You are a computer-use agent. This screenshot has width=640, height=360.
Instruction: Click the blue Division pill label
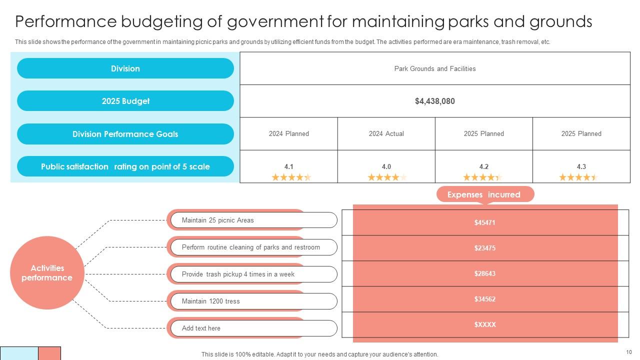(x=125, y=68)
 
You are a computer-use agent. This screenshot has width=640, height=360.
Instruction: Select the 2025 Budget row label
(x=125, y=101)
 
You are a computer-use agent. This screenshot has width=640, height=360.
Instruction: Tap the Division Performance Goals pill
(x=125, y=134)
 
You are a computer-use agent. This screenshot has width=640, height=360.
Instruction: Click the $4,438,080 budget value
(x=434, y=101)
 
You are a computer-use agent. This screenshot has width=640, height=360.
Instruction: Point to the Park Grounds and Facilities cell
(x=434, y=68)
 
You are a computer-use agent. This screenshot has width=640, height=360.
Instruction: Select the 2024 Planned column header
(x=288, y=133)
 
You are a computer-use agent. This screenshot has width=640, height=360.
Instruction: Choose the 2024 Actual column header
(x=386, y=133)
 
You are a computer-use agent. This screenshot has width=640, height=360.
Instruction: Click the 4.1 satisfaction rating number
(x=288, y=166)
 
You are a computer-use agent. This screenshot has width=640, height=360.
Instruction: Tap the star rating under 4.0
(x=386, y=177)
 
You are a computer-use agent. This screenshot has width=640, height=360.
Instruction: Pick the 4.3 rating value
(x=581, y=166)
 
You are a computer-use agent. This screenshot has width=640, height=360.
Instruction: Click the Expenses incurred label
(x=483, y=194)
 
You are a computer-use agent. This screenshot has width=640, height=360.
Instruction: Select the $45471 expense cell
(x=484, y=222)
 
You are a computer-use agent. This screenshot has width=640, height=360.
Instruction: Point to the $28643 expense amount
(x=484, y=273)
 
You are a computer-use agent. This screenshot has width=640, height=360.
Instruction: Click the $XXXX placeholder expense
(x=484, y=324)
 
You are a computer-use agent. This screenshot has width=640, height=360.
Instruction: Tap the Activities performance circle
(x=47, y=273)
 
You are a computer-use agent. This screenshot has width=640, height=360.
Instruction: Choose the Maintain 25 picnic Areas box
(x=253, y=220)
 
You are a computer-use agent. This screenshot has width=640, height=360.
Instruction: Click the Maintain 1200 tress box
(x=253, y=301)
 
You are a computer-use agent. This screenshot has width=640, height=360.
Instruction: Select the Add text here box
(x=253, y=328)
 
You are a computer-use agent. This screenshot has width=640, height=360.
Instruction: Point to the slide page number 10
(x=628, y=352)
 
